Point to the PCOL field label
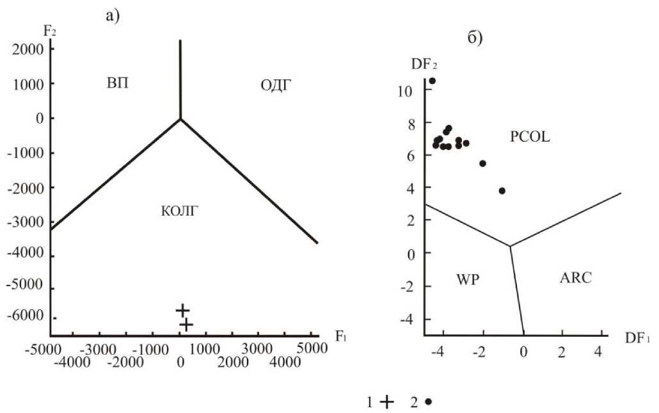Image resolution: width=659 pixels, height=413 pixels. pyautogui.click(x=530, y=136)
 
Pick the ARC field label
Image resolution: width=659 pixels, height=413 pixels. pyautogui.click(x=576, y=278)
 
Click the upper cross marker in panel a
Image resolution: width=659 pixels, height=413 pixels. pyautogui.click(x=182, y=310)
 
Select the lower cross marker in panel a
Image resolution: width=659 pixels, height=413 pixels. pyautogui.click(x=186, y=325)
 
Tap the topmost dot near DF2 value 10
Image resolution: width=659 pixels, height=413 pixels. pyautogui.click(x=432, y=81)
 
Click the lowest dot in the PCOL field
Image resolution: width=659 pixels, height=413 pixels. pyautogui.click(x=502, y=191)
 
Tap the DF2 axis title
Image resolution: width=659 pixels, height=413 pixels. pyautogui.click(x=424, y=64)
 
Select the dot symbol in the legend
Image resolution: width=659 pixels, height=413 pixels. pyautogui.click(x=428, y=401)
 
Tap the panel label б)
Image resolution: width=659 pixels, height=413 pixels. pyautogui.click(x=475, y=38)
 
